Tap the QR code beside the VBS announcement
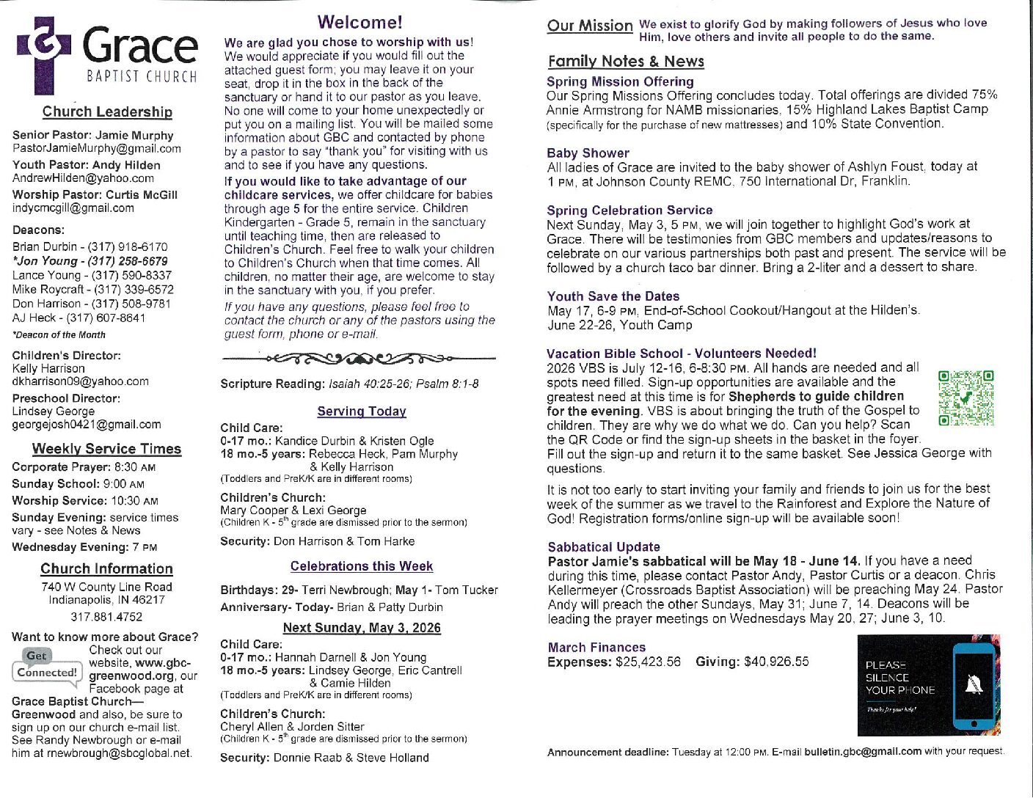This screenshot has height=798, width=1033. click(966, 398)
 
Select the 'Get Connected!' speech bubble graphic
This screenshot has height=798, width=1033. click(46, 665)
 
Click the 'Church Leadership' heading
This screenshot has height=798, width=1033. click(107, 111)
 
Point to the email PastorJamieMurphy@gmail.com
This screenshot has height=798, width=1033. click(97, 149)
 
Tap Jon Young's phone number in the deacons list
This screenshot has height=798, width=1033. click(128, 261)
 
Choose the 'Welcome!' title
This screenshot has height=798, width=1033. click(359, 23)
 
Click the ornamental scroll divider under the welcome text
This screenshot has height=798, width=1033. click(358, 359)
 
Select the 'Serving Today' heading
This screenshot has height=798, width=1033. click(362, 411)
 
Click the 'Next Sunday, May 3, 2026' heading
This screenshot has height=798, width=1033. click(362, 628)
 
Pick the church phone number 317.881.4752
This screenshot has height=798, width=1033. click(106, 617)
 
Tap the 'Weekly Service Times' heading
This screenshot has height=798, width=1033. click(106, 449)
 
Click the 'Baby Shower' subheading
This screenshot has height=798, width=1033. click(588, 153)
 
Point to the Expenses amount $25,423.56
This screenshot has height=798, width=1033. click(648, 662)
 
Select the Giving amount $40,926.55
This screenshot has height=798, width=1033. click(776, 662)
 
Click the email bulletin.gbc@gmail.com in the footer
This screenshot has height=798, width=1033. click(863, 752)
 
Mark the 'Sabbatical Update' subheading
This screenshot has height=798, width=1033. click(604, 547)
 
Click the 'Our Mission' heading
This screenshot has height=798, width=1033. click(590, 26)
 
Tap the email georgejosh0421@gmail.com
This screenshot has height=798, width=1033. click(87, 425)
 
